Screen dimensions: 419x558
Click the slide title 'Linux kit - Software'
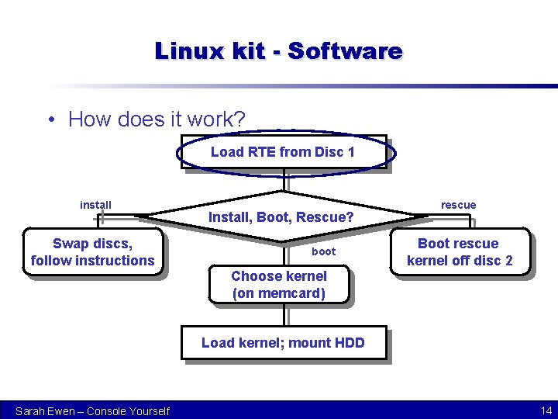coord(278,51)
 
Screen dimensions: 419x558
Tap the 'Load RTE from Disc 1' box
coord(282,152)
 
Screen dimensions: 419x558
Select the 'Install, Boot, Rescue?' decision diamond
coord(281,216)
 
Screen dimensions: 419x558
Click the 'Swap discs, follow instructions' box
coord(93,252)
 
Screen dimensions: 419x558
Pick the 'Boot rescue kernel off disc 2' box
coord(459,252)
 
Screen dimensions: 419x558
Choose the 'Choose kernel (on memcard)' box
coord(279,285)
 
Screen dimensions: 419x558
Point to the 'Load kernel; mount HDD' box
coord(283,343)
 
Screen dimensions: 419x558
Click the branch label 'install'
coord(95,205)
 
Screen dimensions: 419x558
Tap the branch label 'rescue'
coord(458,205)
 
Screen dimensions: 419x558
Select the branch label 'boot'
coord(323,251)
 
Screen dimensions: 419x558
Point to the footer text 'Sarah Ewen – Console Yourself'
coord(92,410)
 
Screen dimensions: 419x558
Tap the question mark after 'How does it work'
coord(240,119)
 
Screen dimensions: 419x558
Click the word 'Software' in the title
coord(345,51)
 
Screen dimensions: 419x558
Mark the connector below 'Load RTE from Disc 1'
coord(285,180)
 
